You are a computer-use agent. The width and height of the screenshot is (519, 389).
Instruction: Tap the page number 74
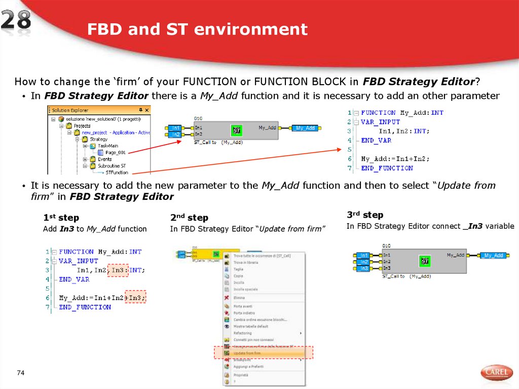[21, 373]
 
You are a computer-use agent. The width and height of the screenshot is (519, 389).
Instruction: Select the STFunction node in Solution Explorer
[117, 172]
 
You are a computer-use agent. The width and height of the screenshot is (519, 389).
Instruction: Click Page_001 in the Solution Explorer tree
[115, 152]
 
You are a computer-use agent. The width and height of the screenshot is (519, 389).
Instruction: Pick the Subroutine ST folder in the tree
[112, 165]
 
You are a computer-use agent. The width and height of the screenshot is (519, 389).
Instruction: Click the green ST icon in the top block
[236, 130]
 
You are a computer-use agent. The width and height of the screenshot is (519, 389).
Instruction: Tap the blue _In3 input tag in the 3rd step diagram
[362, 268]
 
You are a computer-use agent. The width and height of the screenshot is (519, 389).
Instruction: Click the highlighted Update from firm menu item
[263, 352]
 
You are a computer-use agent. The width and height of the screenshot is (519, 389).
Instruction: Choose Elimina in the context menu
[239, 298]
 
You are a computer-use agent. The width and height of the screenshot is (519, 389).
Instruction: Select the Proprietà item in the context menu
[241, 375]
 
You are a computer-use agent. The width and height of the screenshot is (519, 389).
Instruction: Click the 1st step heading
[61, 218]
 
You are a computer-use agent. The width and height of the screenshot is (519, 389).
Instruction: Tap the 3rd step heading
[365, 215]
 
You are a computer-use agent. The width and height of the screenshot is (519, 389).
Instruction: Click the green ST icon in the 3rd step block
[425, 261]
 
